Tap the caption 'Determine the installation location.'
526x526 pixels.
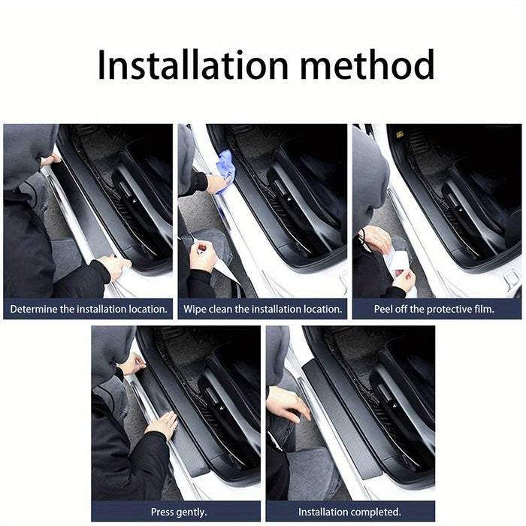pos(89,309)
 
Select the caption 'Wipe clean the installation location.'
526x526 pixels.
pos(263,309)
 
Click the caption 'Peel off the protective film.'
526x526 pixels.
pos(434,309)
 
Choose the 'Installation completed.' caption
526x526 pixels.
pos(349,512)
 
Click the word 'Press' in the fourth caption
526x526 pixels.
pos(164,512)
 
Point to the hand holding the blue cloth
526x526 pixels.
pos(216,183)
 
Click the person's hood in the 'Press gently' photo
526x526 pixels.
pos(113,352)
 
